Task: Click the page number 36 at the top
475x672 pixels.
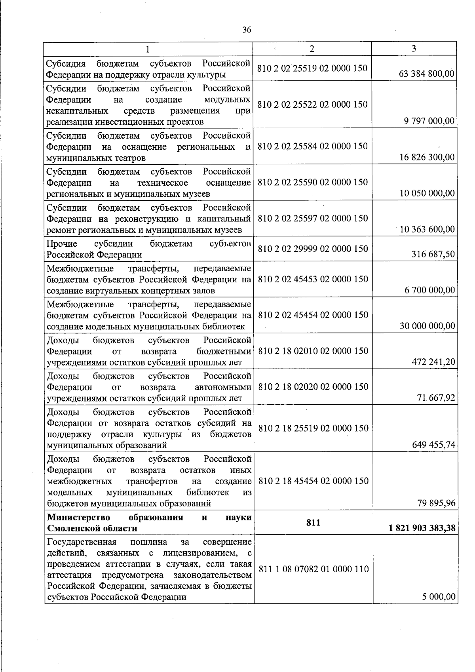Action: click(x=247, y=30)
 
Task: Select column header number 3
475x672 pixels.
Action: click(x=414, y=48)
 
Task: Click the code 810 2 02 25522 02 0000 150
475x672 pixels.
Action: click(x=312, y=105)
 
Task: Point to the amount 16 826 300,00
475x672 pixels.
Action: click(x=427, y=158)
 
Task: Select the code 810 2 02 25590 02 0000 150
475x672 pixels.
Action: click(x=313, y=182)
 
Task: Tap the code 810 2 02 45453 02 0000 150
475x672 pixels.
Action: click(x=313, y=279)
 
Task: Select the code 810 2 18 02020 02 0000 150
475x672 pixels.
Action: click(x=313, y=387)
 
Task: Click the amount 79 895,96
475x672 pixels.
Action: click(x=436, y=503)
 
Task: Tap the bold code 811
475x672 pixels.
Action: click(x=313, y=523)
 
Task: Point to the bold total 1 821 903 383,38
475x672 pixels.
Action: click(x=422, y=528)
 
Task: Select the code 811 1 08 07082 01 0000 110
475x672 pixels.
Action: click(x=313, y=569)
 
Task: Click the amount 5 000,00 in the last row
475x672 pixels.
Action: click(x=439, y=597)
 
